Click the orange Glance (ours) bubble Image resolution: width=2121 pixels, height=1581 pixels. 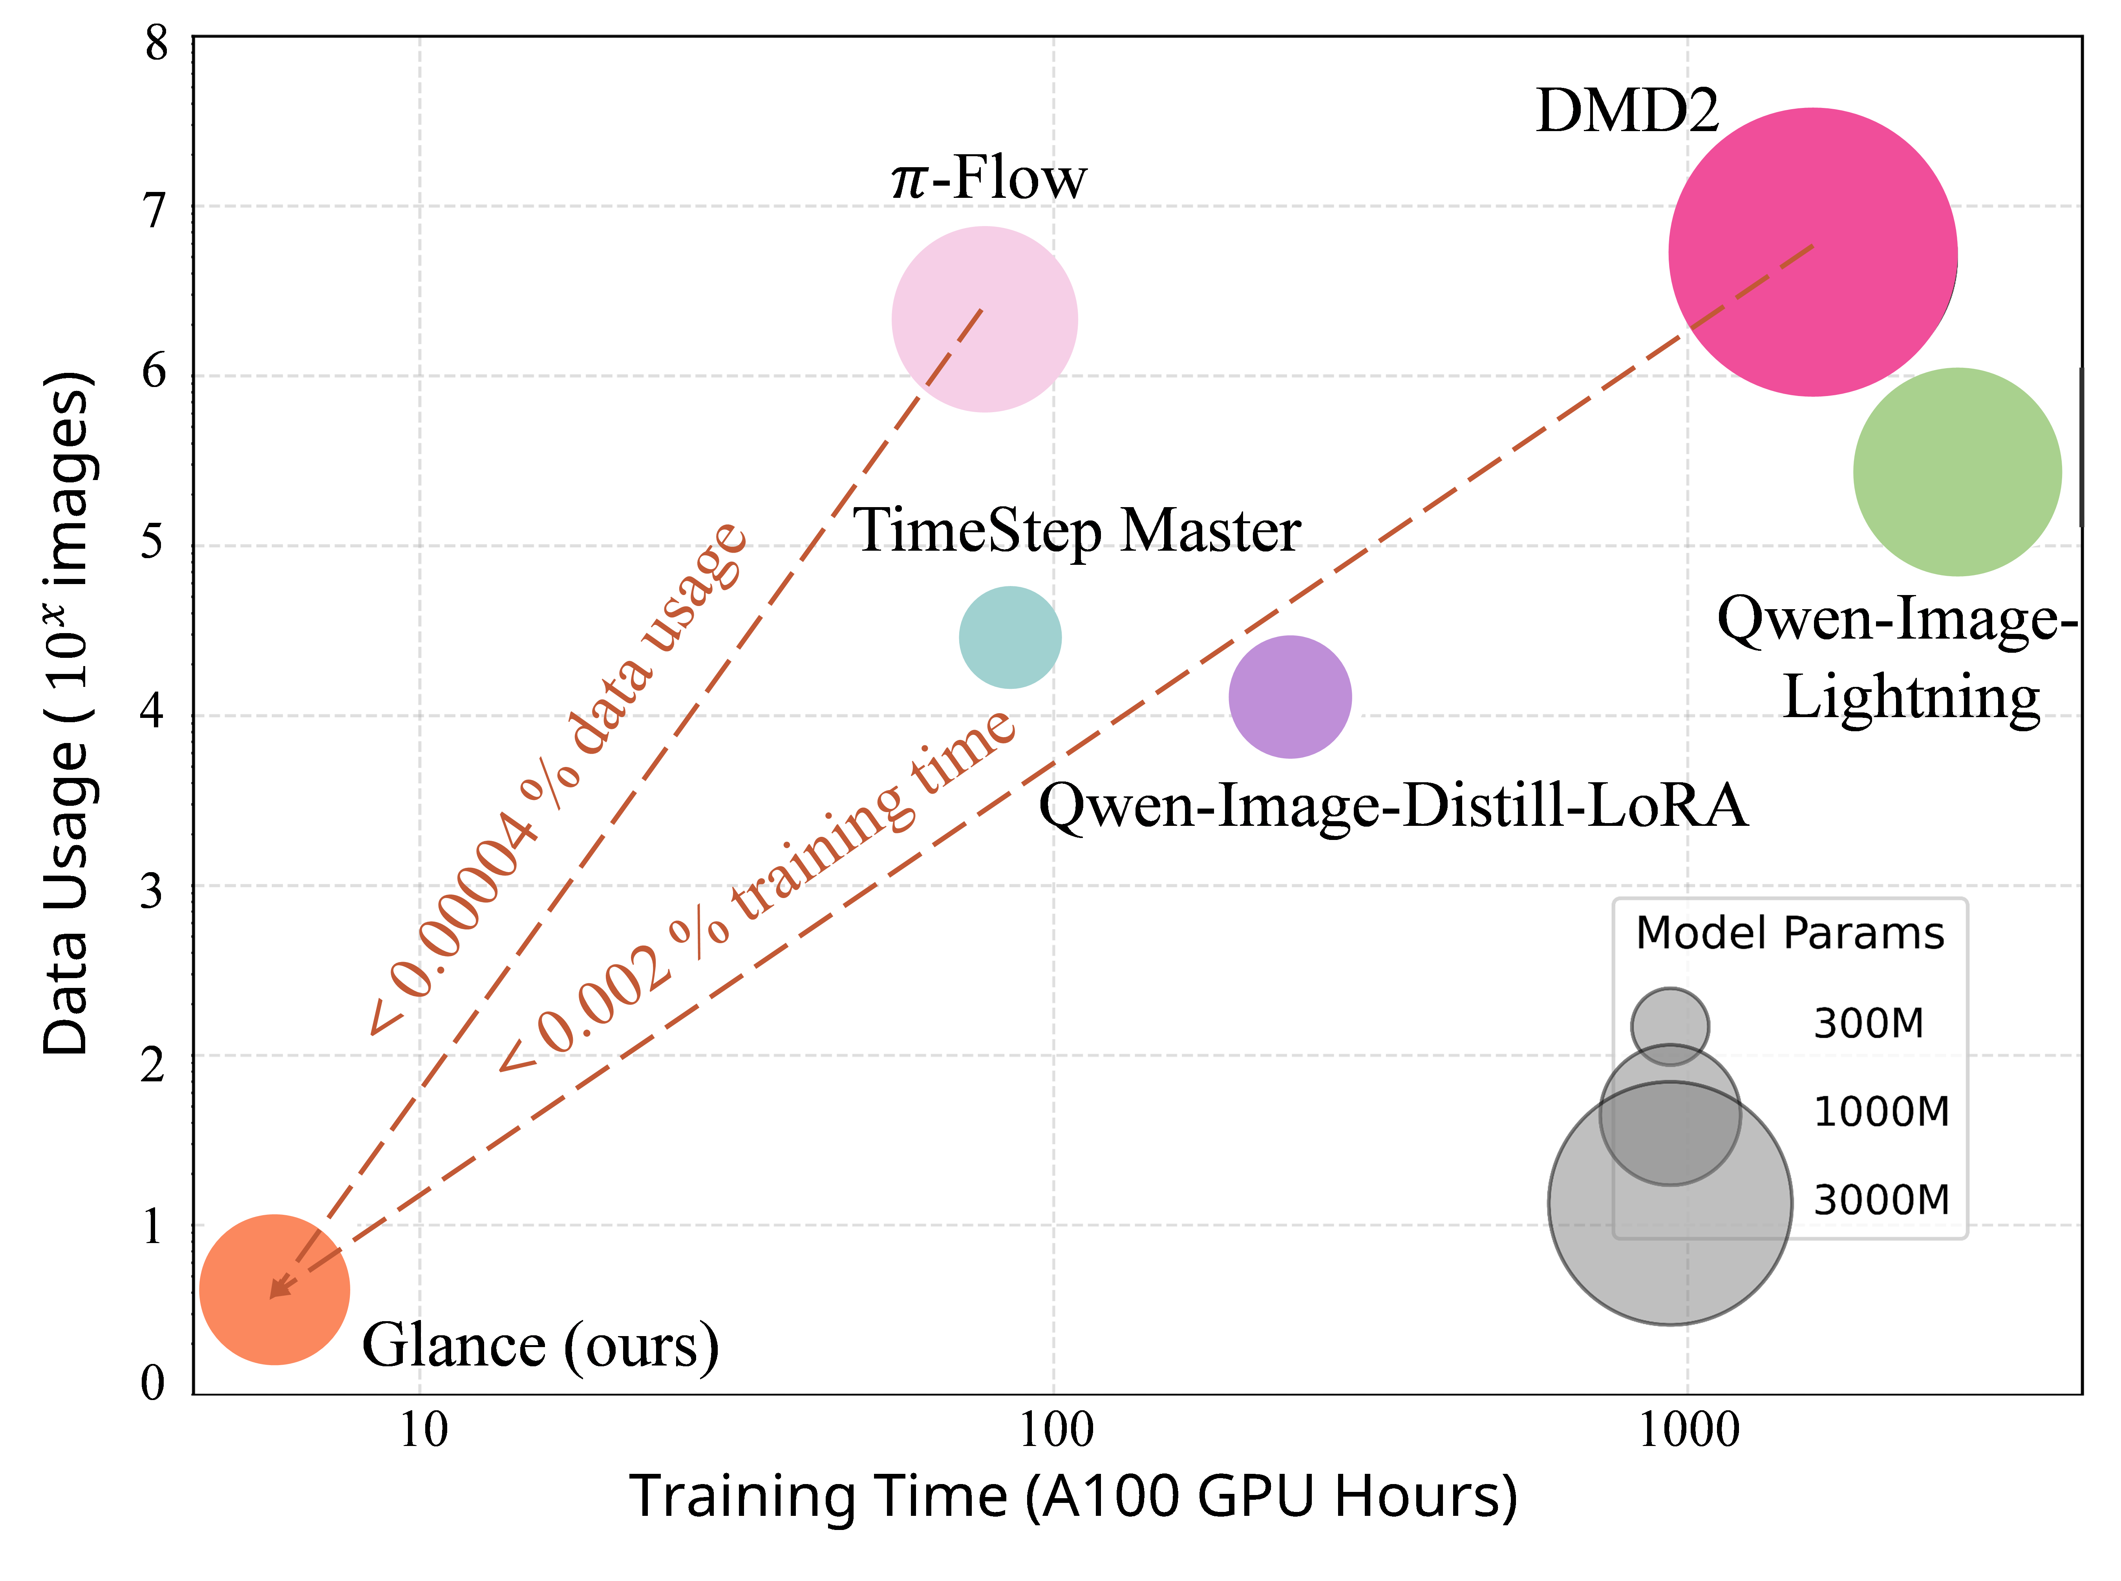tap(275, 1289)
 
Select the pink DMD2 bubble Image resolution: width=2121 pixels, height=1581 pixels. tap(1812, 252)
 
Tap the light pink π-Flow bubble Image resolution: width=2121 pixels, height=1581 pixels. tap(984, 319)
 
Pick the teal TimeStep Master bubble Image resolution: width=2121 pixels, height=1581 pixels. tap(1010, 637)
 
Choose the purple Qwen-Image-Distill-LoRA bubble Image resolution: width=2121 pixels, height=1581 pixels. tap(1289, 697)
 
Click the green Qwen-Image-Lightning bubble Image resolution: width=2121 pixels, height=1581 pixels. tap(1956, 472)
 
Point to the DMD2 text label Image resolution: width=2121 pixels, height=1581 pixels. tap(1627, 111)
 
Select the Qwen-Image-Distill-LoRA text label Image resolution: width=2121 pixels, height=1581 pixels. tap(1393, 806)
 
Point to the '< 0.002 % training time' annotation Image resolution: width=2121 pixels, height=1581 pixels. tap(756, 890)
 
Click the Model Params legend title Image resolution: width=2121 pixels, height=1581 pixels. tap(1790, 933)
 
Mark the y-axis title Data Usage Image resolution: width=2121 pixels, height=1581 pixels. tap(67, 713)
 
